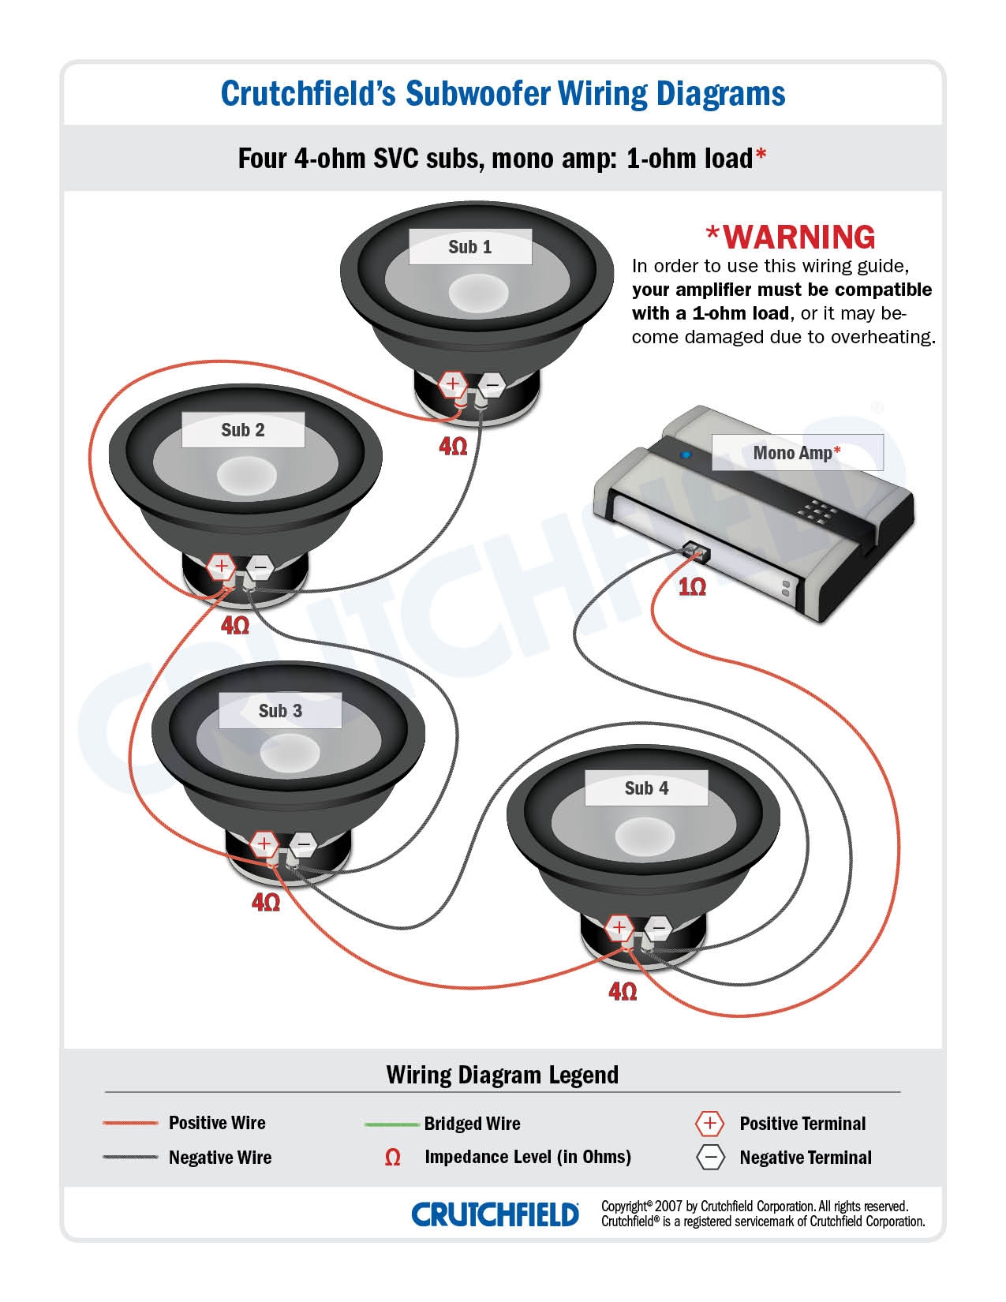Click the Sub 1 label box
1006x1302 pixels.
(x=470, y=247)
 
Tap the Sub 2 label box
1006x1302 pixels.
(x=243, y=430)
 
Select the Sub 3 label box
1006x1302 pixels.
(x=280, y=711)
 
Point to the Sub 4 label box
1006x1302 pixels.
(x=646, y=788)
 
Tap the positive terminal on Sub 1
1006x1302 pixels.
(x=453, y=384)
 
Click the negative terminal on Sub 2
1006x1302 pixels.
(x=260, y=566)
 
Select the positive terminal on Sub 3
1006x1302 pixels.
(x=264, y=844)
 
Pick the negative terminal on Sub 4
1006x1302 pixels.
(x=658, y=928)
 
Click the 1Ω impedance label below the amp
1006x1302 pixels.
(x=692, y=587)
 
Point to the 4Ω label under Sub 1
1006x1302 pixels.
(x=453, y=447)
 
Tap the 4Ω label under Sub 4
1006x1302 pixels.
(x=623, y=991)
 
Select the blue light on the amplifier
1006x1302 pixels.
(x=686, y=455)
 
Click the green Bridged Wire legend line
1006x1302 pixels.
(x=391, y=1124)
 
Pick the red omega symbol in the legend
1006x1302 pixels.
(x=392, y=1158)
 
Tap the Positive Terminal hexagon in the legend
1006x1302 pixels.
(x=709, y=1124)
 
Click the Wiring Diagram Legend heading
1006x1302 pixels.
(x=502, y=1075)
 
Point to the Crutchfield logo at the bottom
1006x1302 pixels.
(x=495, y=1214)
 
